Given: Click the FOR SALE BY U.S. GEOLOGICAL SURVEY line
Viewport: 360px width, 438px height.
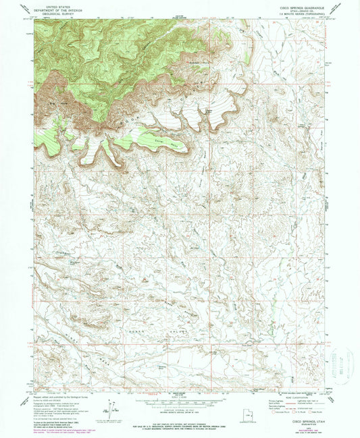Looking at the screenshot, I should [180, 422].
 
